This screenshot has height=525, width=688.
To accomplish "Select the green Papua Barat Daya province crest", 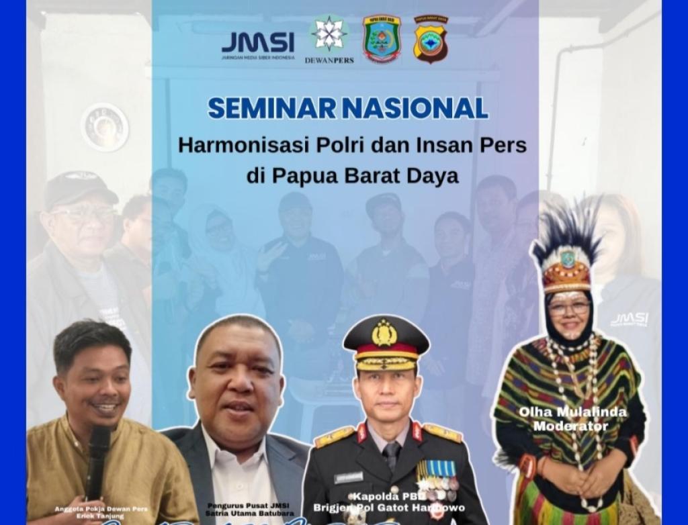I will pyautogui.click(x=382, y=39).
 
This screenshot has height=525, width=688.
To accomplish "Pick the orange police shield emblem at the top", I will pyautogui.click(x=430, y=40).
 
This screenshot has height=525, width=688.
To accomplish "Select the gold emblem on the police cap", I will pyautogui.click(x=385, y=332).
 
